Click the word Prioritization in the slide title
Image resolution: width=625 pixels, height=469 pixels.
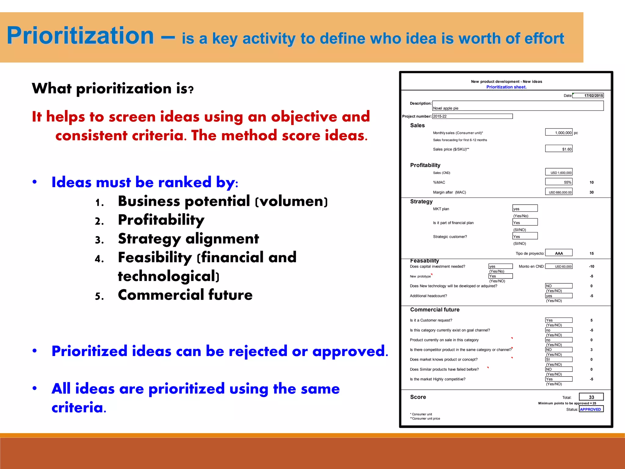click(80, 36)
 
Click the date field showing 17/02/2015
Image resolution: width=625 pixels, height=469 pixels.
click(588, 96)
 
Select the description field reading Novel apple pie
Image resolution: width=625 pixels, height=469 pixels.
click(518, 106)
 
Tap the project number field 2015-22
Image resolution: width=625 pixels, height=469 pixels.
click(472, 116)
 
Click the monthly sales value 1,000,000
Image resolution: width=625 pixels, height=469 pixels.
click(559, 132)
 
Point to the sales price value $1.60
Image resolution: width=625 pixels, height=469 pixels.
click(559, 149)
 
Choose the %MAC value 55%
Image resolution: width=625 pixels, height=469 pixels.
click(559, 182)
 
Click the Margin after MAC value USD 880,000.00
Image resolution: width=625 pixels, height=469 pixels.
click(559, 192)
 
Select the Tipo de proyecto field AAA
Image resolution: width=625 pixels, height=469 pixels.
click(559, 253)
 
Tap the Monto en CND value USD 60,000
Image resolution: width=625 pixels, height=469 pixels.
click(559, 266)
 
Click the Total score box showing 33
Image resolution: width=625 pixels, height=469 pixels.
click(591, 397)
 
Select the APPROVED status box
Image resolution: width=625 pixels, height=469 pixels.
click(591, 409)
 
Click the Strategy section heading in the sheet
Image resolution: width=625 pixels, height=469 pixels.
click(421, 202)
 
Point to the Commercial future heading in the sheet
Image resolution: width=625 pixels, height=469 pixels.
click(435, 310)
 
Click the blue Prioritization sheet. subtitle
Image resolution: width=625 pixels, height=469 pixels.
click(506, 87)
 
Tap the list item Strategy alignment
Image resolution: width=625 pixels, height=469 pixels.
click(188, 239)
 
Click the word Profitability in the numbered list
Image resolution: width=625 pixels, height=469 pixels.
click(161, 220)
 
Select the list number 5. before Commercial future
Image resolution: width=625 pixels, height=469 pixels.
click(99, 296)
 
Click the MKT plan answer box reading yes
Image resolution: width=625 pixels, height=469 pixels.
click(525, 209)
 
